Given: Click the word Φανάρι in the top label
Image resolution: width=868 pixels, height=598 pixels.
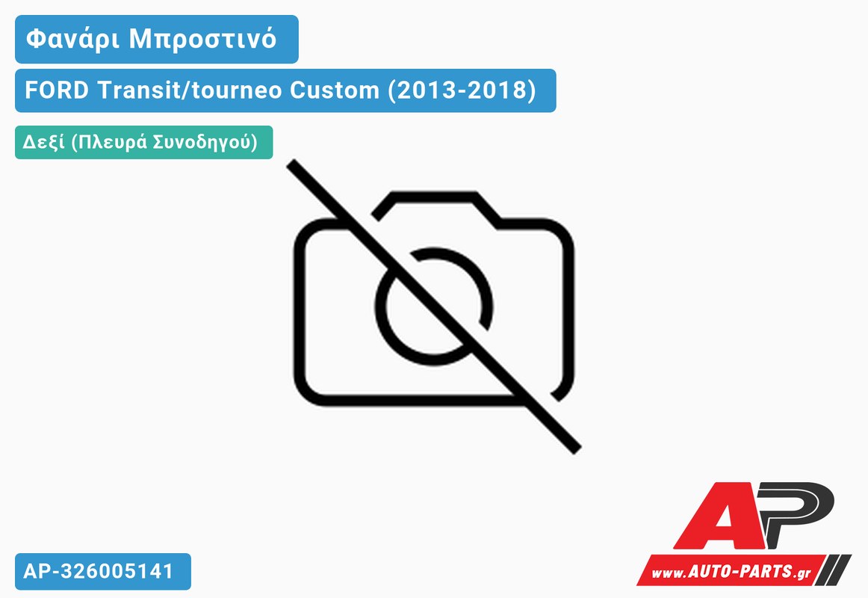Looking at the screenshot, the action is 72,40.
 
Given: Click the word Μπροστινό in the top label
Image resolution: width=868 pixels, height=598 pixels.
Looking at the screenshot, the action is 202,40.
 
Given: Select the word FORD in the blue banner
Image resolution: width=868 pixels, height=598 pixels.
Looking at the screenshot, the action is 57,90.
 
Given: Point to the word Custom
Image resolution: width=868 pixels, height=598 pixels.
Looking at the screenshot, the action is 335,90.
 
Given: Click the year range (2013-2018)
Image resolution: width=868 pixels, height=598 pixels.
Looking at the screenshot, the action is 462,90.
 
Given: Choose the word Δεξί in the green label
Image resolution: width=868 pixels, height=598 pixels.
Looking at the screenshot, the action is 44,142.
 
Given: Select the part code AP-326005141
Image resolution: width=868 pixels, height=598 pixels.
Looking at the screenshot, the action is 99,571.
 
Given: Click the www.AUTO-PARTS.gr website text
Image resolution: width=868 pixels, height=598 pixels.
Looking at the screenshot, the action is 731,571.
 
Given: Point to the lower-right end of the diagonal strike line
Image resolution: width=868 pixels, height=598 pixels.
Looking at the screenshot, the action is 577,449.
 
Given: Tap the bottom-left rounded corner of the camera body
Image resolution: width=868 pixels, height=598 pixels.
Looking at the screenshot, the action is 306,393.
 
